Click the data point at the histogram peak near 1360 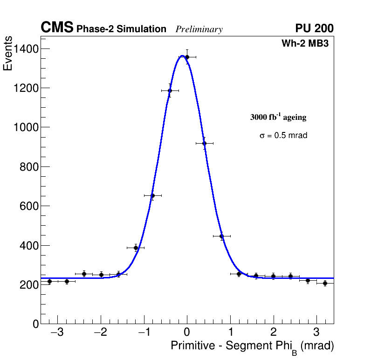187,57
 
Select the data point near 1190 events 170,90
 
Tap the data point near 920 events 204,143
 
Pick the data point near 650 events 152,196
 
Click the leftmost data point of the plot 49,281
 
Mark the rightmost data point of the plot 325,283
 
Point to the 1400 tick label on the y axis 26,49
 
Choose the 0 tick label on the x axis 187,333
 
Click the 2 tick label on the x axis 273,333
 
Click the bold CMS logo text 57,28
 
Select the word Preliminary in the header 199,29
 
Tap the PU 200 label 314,28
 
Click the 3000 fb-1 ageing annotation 278,117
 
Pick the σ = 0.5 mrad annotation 283,136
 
